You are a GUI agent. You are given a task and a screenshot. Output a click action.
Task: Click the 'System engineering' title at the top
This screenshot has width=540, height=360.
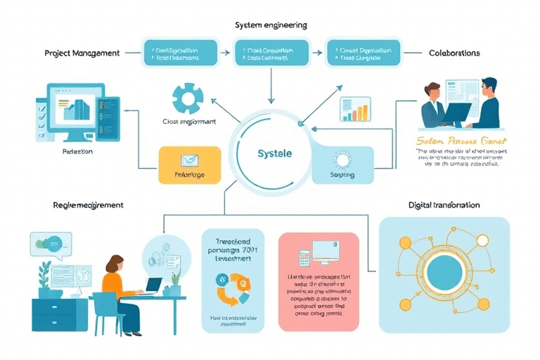click(271, 25)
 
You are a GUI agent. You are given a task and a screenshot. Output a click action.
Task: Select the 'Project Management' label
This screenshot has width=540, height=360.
click(82, 53)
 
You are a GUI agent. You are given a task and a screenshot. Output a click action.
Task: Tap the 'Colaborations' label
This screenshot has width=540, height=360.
click(454, 53)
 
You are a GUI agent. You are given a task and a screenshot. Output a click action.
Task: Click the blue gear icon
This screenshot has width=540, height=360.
click(188, 99)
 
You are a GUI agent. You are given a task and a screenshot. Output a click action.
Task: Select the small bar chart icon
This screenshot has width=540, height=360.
click(355, 110)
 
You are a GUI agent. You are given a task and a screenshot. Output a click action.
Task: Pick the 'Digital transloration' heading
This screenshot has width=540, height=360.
click(444, 205)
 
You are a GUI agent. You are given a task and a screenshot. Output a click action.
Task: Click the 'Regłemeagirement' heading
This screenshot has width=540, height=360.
click(88, 205)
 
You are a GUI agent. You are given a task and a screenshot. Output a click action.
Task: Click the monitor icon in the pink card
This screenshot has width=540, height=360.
click(322, 252)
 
